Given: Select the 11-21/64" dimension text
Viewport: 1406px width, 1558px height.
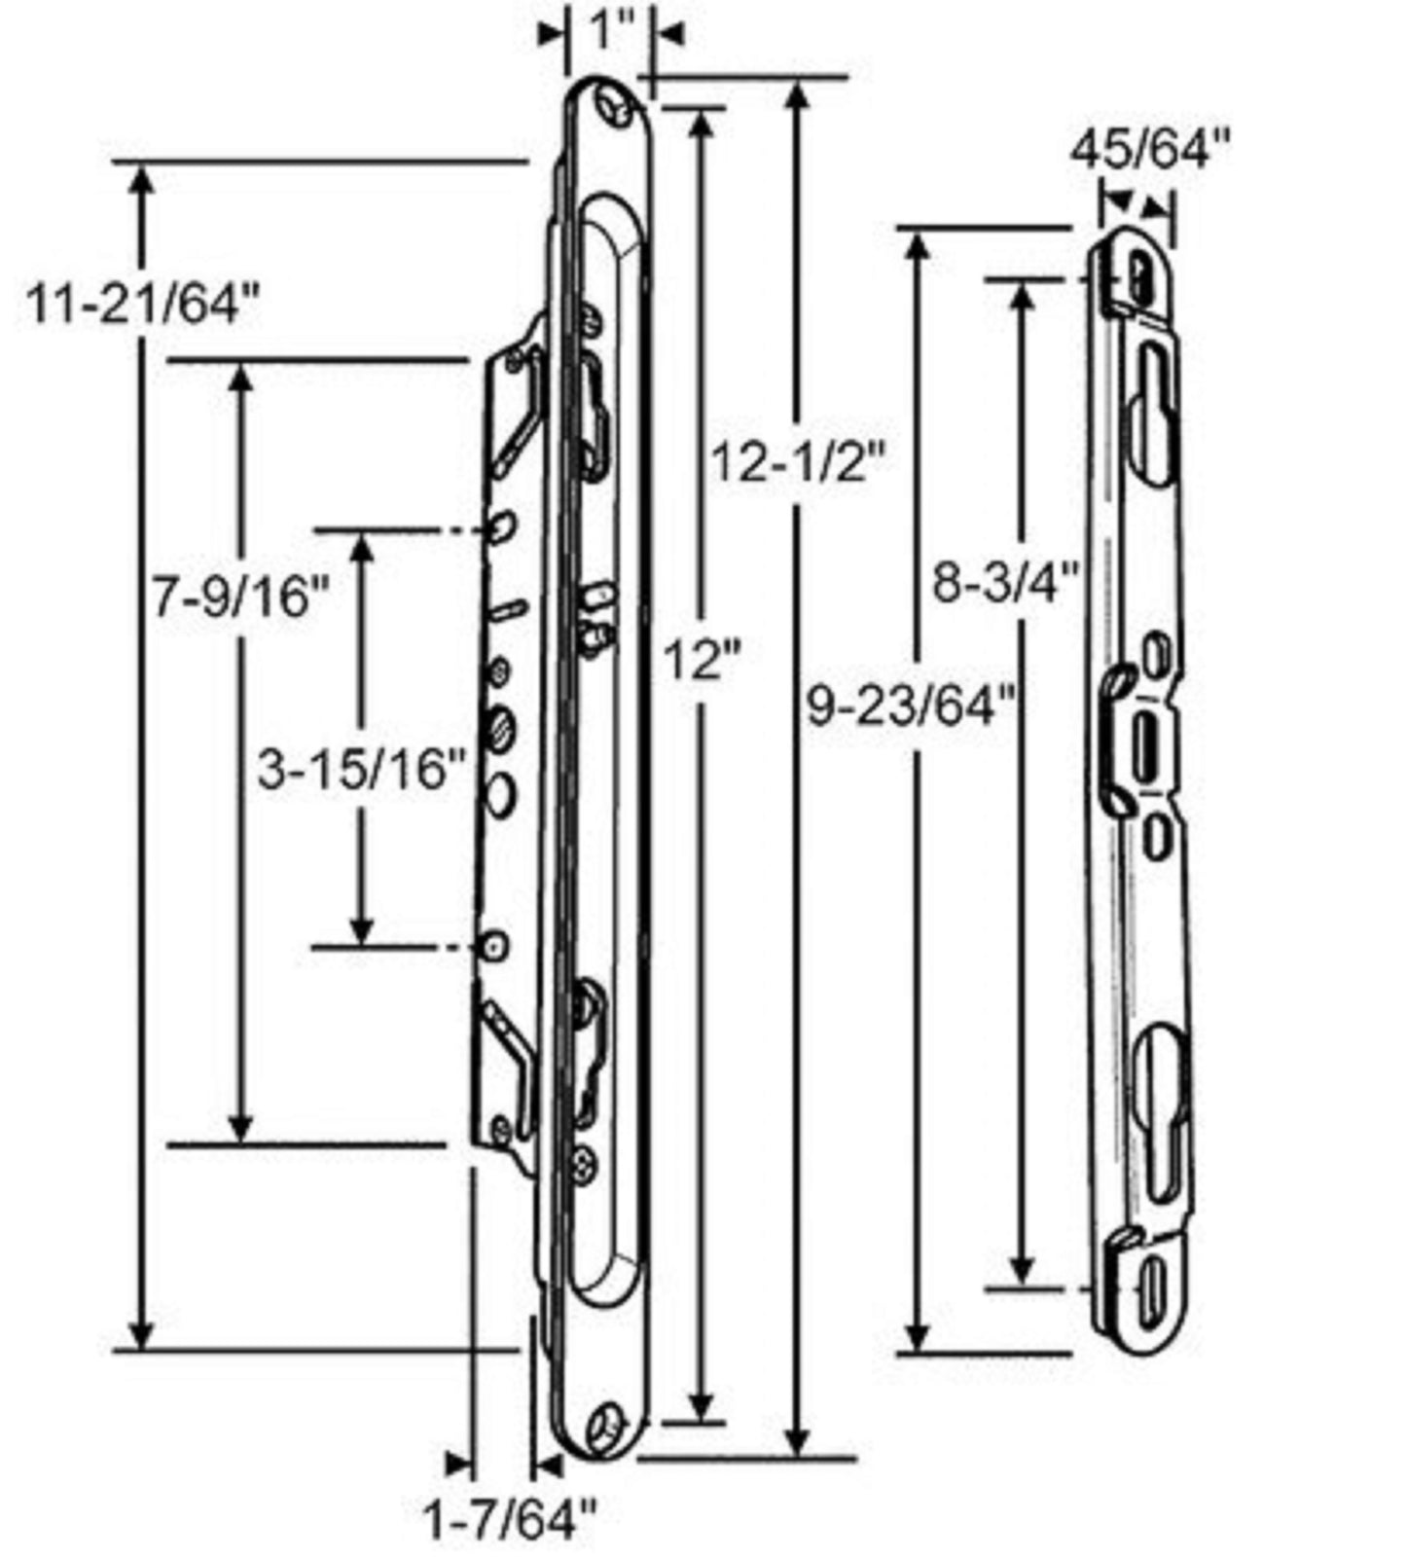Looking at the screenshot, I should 144,305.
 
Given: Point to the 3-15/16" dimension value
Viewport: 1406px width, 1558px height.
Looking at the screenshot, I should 362,772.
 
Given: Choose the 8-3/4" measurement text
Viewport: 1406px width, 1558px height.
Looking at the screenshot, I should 1006,584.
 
